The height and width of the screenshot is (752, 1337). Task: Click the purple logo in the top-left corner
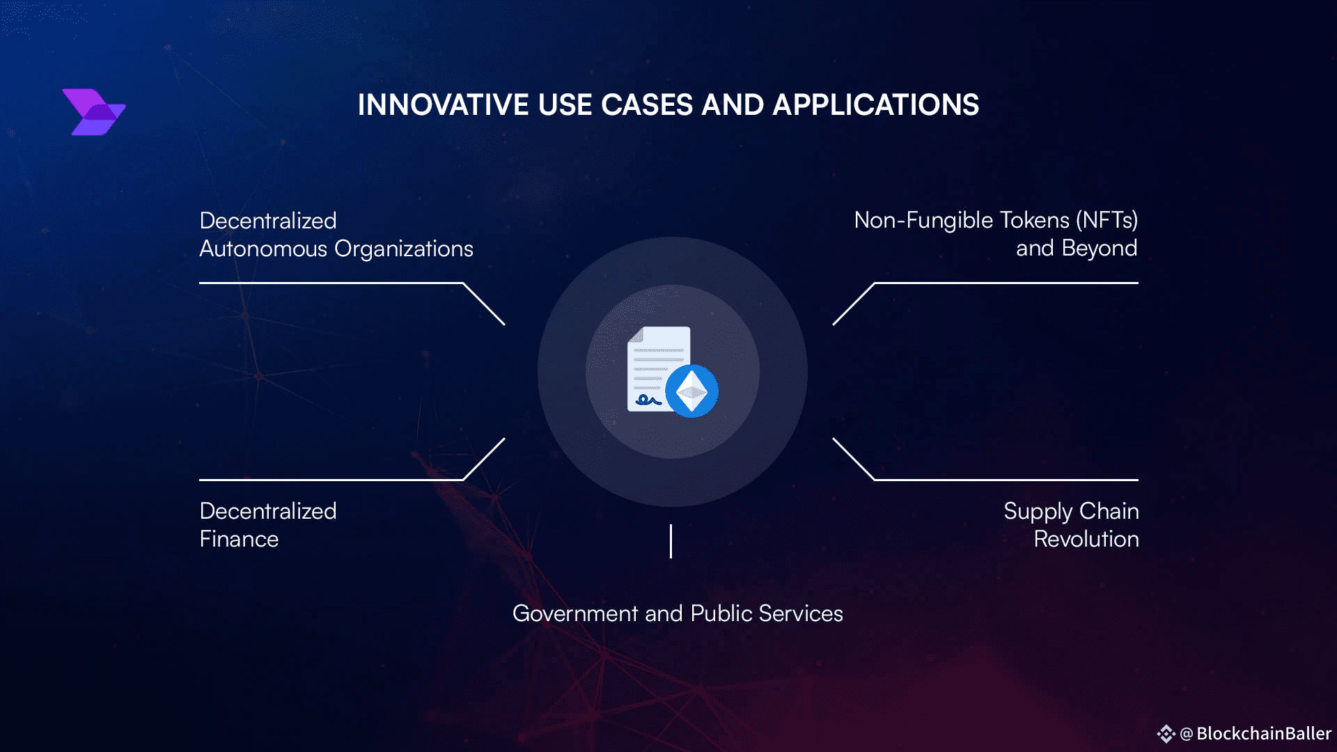point(94,112)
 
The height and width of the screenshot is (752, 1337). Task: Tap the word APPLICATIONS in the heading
point(876,105)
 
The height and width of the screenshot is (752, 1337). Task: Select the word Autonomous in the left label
point(263,249)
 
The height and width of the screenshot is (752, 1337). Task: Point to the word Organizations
point(404,249)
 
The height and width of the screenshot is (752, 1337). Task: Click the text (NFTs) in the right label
point(1107,220)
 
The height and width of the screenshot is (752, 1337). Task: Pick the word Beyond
point(1100,249)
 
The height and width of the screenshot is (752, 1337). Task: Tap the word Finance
point(239,539)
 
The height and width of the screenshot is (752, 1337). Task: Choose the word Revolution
point(1086,539)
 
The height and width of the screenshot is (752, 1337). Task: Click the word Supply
point(1038,512)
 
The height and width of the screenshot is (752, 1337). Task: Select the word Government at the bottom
point(575,613)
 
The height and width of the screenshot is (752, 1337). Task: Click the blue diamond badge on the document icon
point(691,391)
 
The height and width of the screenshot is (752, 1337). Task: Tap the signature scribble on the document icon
point(648,400)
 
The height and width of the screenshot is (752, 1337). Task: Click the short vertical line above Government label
point(671,541)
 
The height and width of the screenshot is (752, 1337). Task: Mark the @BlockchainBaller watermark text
point(1256,733)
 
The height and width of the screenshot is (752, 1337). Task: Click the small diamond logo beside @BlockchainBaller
point(1166,734)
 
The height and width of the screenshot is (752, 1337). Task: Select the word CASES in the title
point(647,105)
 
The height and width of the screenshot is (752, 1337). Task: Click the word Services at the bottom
point(801,613)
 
